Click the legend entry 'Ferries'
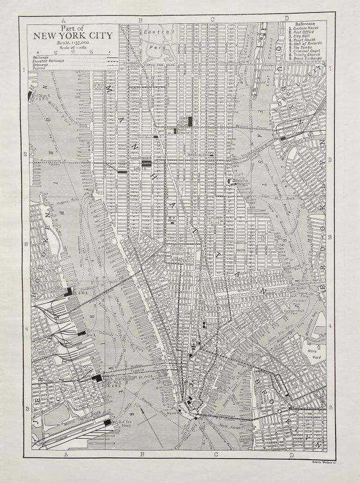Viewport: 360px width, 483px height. pos(39,68)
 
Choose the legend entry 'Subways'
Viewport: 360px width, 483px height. pos(40,64)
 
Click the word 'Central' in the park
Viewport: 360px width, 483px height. pos(154,32)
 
